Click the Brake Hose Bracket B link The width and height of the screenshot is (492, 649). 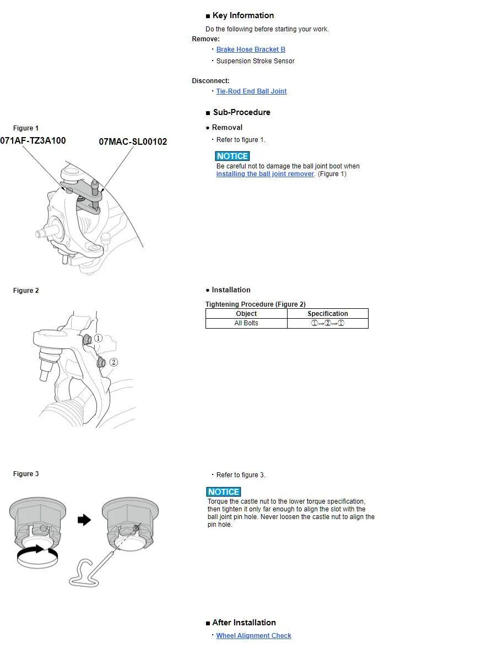(251, 50)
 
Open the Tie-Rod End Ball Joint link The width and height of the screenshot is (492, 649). (251, 91)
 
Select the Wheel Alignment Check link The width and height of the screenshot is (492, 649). (253, 636)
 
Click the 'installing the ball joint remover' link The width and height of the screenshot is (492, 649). (265, 174)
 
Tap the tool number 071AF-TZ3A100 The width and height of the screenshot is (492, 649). (33, 141)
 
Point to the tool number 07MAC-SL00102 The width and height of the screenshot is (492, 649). (133, 142)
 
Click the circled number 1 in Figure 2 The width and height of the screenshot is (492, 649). (98, 338)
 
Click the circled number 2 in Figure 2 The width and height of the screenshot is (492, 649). (113, 362)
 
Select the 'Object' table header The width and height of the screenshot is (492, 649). (246, 314)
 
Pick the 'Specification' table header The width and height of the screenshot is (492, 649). (327, 314)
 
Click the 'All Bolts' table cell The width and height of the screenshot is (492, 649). (246, 323)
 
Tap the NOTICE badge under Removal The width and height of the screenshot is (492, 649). (233, 156)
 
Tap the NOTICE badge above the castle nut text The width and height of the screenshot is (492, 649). (224, 492)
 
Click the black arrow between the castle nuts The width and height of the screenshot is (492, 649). (84, 520)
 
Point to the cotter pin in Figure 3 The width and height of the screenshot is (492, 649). (88, 573)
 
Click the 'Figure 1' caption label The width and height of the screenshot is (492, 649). (26, 128)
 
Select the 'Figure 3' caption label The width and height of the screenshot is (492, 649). (26, 474)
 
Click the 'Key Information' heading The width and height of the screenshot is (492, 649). (243, 15)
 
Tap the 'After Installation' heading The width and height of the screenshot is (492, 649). (244, 623)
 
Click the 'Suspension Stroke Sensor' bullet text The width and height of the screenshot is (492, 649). (255, 61)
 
